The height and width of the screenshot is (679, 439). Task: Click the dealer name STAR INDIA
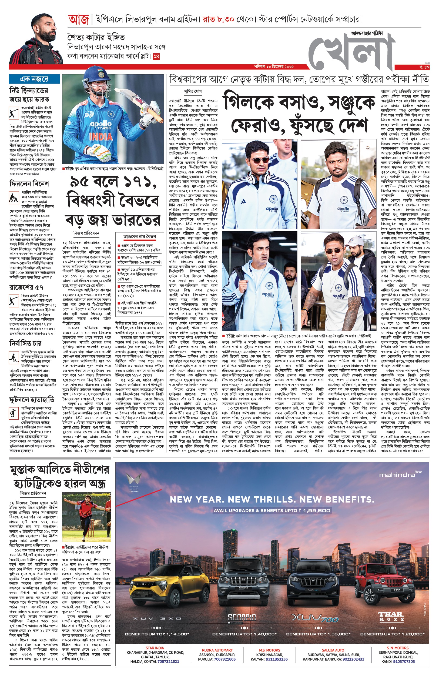point(155,648)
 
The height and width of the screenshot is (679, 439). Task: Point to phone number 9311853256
point(277,659)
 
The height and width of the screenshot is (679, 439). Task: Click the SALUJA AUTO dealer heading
point(333,650)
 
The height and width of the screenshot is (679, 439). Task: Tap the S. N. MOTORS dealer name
point(397,648)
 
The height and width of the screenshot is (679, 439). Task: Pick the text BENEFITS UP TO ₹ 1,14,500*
point(157,634)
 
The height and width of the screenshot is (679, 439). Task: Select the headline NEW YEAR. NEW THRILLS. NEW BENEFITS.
point(272,499)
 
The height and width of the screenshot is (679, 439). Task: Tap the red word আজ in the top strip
point(79,20)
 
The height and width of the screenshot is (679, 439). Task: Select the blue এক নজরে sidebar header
point(34,79)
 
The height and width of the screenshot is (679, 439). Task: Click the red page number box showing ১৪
point(156,56)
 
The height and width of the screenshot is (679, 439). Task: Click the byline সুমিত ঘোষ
point(193,91)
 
